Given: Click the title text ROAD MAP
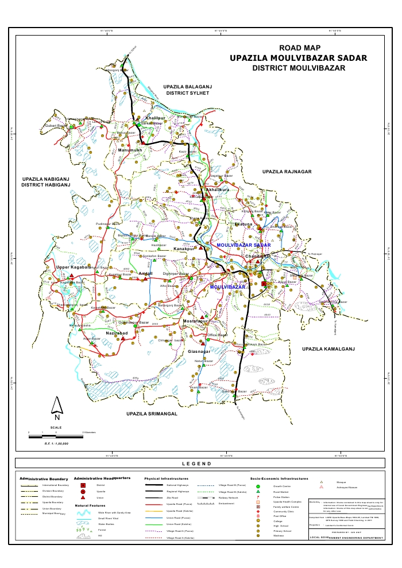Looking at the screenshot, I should click(x=299, y=48).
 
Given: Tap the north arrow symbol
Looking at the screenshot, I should click(x=57, y=406).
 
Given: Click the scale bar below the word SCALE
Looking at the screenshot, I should click(x=56, y=437).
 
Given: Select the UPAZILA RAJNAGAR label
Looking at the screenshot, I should click(x=287, y=172).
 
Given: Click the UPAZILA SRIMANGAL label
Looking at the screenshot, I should click(x=152, y=413).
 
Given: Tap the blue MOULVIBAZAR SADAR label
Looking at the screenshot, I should click(x=243, y=245).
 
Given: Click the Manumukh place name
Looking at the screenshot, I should click(x=130, y=150).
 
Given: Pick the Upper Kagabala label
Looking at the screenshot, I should click(x=74, y=267).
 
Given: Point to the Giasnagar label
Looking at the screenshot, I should click(x=200, y=351).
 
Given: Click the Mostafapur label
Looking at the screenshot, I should click(x=195, y=322).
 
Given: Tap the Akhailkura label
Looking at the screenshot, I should click(x=217, y=189).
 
